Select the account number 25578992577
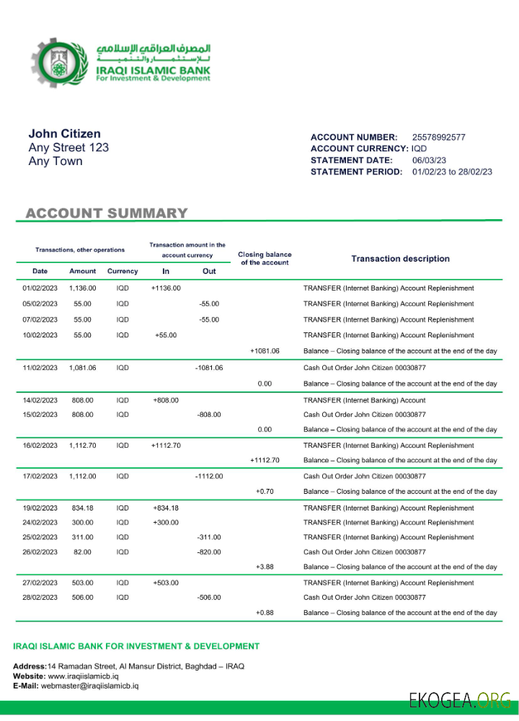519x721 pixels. pyautogui.click(x=438, y=137)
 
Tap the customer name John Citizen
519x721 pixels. pyautogui.click(x=64, y=133)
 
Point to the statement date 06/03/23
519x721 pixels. pyautogui.click(x=428, y=160)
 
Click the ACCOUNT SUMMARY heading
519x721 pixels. pyautogui.click(x=107, y=213)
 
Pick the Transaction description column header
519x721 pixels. pyautogui.click(x=400, y=259)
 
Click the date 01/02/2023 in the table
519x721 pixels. pyautogui.click(x=40, y=288)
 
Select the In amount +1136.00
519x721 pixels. pyautogui.click(x=166, y=288)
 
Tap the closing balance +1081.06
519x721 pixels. pyautogui.click(x=265, y=351)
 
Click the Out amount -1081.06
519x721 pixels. pyautogui.click(x=209, y=368)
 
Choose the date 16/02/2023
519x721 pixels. pyautogui.click(x=40, y=446)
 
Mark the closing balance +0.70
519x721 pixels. pyautogui.click(x=265, y=492)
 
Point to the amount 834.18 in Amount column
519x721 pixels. pyautogui.click(x=82, y=508)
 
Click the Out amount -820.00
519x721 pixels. pyautogui.click(x=209, y=552)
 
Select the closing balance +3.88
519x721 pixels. pyautogui.click(x=265, y=567)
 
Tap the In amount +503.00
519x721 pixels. pyautogui.click(x=166, y=583)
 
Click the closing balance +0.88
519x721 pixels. pyautogui.click(x=265, y=613)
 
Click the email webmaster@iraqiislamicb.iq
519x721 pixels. pyautogui.click(x=89, y=686)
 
